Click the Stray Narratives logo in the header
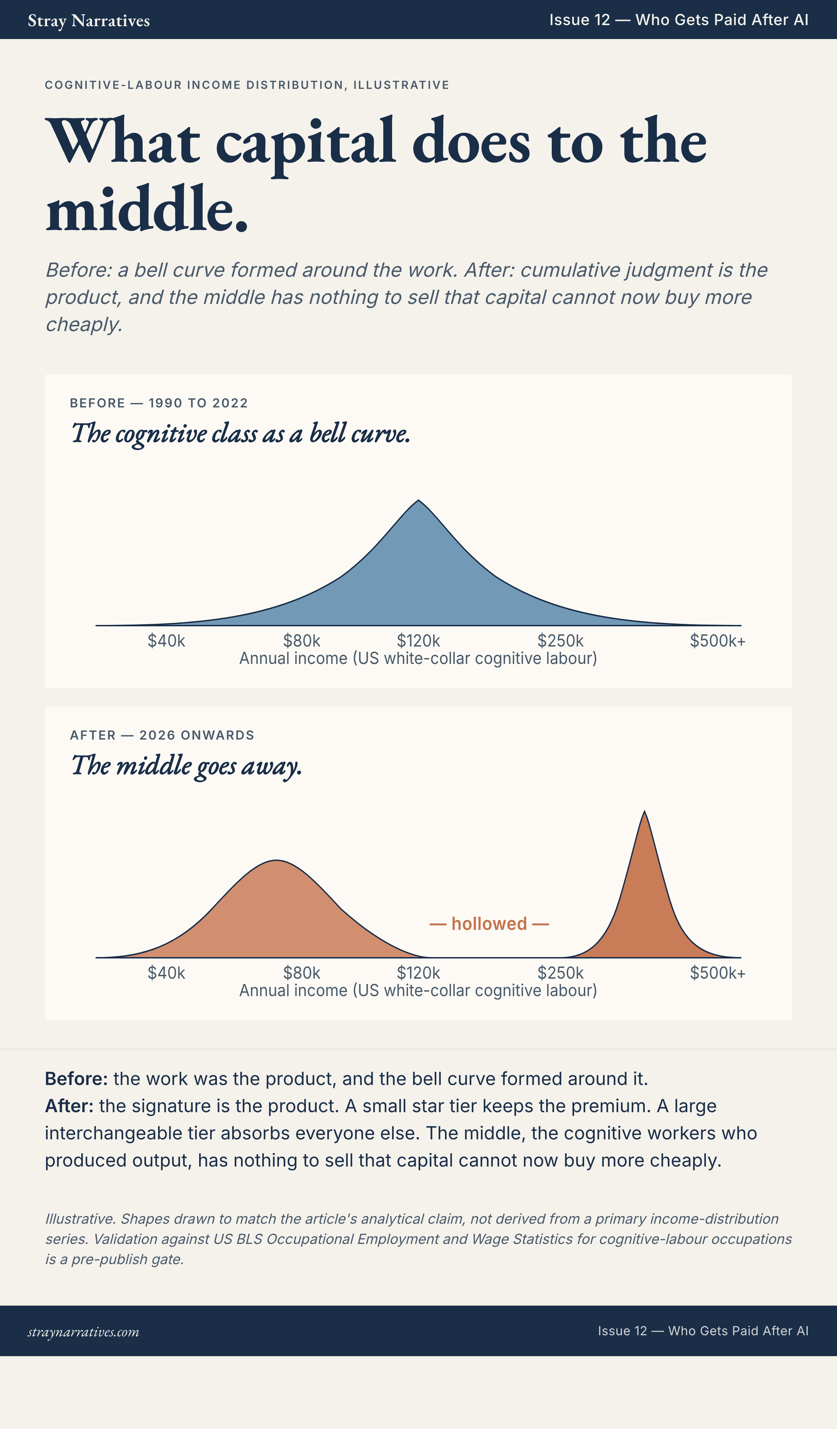(89, 21)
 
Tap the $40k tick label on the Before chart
(166, 641)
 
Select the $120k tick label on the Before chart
(418, 641)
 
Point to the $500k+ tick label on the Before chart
(718, 641)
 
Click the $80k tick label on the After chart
(302, 973)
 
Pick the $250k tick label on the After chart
(561, 973)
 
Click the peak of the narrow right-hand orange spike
(644, 811)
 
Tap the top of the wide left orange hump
(276, 860)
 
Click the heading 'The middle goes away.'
(186, 766)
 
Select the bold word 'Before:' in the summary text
(76, 1079)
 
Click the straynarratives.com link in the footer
(83, 1332)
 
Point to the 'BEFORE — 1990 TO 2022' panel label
(159, 403)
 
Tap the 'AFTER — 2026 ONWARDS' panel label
(162, 735)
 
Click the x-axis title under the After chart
(418, 991)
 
